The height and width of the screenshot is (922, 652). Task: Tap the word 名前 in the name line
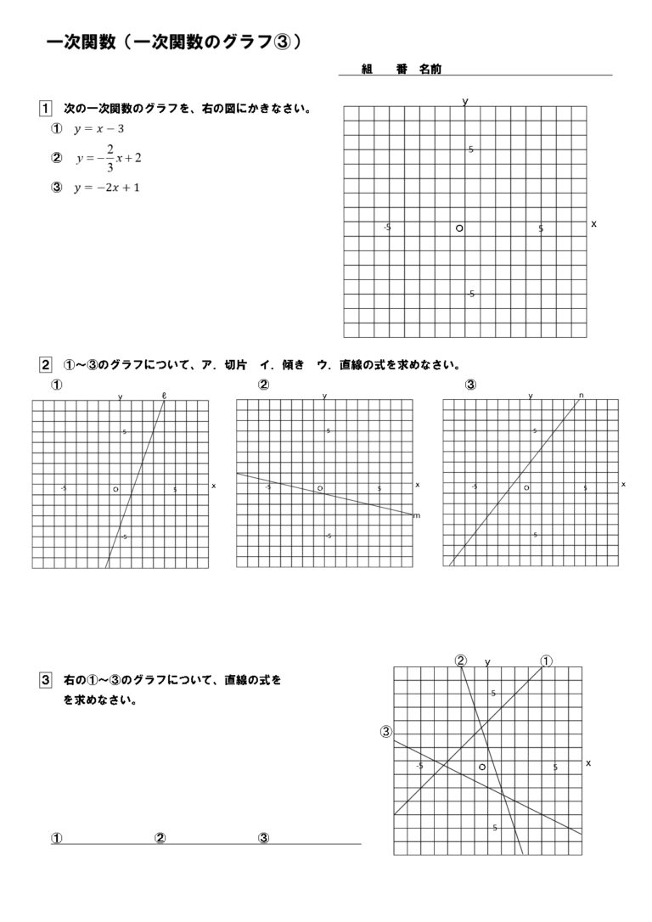tap(430, 70)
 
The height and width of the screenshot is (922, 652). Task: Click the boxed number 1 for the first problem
tap(45, 109)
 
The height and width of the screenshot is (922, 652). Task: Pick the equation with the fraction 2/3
tap(108, 158)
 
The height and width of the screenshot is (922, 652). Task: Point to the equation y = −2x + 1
tap(106, 188)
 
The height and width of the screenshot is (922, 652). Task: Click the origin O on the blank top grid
tap(459, 228)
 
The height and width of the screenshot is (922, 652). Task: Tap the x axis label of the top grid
tap(593, 223)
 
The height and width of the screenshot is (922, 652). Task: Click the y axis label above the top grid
tap(465, 101)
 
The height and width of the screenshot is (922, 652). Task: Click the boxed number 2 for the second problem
tap(45, 366)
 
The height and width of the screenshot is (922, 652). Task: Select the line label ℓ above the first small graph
tap(164, 394)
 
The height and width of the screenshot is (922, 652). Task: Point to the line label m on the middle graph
tap(416, 515)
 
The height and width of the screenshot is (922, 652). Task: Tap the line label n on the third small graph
tap(582, 395)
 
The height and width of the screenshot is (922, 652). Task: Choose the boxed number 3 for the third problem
tap(45, 680)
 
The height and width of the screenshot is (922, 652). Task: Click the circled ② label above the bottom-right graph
tap(460, 661)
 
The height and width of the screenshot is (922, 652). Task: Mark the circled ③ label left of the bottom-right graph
tap(386, 732)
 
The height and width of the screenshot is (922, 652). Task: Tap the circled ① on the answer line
tap(57, 838)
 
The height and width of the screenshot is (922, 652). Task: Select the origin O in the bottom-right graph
tap(482, 766)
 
